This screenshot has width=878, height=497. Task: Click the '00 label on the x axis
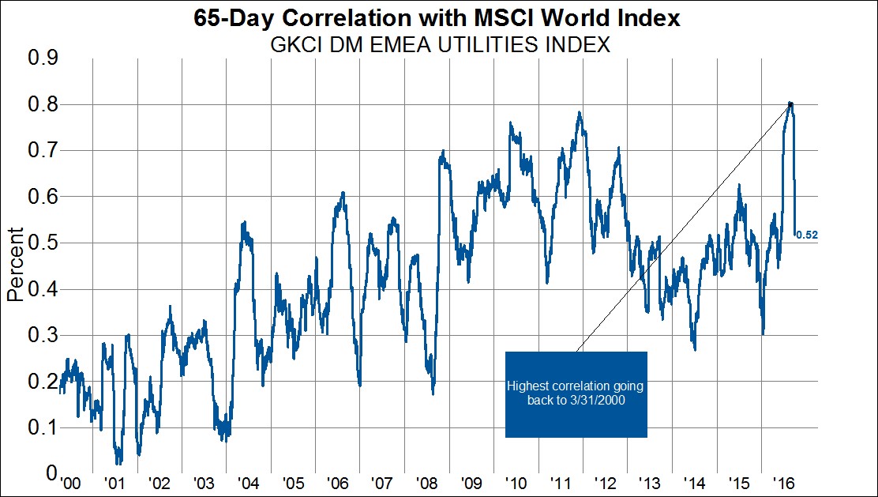71,483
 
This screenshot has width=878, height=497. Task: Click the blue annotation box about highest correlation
576,394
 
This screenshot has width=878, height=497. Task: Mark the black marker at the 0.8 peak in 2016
790,105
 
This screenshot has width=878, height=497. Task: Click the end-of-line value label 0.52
806,235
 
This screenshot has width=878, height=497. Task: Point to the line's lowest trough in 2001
118,463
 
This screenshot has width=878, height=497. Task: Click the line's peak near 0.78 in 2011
580,112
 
